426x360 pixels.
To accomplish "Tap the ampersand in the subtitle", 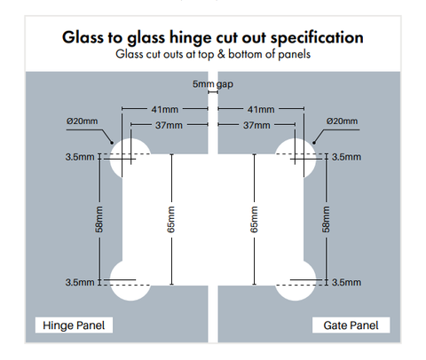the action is click(221, 54).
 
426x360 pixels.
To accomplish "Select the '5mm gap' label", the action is click(213, 84).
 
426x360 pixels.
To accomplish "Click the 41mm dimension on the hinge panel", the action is click(165, 110).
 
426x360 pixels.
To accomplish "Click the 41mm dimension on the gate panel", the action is click(261, 110).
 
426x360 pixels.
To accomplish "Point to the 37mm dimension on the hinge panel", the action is click(169, 125).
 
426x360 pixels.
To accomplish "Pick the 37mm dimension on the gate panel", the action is click(256, 125).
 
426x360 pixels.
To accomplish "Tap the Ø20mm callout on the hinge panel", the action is click(82, 121).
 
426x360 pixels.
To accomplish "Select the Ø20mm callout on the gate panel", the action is click(342, 121).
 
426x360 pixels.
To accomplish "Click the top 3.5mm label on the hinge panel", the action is click(80, 157).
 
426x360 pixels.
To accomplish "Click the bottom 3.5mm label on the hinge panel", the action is click(80, 283).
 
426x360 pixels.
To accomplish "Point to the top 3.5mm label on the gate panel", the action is click(346, 157).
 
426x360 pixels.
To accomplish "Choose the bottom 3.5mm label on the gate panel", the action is click(346, 283).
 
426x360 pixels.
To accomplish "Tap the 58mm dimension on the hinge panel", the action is click(99, 219).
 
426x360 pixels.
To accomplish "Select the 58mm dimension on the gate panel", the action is click(326, 219).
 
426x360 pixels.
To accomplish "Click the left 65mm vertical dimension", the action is click(171, 219).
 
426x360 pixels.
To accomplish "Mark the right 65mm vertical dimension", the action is click(255, 219).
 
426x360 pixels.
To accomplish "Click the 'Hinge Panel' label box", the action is click(74, 325).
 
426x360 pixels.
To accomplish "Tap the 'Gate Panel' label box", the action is click(351, 325).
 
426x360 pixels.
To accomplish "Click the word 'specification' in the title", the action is click(317, 38).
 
